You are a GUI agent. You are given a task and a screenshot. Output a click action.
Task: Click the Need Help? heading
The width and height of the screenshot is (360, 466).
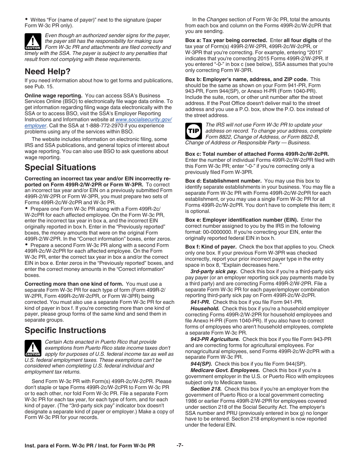(x=47, y=71)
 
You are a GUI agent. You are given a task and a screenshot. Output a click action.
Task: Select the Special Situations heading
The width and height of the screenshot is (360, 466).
(x=60, y=167)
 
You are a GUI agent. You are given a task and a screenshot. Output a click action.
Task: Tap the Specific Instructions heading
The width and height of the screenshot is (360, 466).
(x=65, y=330)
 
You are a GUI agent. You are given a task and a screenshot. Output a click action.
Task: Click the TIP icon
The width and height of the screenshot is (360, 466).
(x=193, y=131)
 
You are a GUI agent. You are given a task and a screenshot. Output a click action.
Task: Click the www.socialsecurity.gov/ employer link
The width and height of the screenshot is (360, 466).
(x=144, y=119)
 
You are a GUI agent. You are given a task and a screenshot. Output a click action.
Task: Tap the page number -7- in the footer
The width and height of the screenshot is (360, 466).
(x=180, y=446)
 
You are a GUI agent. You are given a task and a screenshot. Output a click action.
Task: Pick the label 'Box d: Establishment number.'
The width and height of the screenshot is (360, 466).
(x=223, y=181)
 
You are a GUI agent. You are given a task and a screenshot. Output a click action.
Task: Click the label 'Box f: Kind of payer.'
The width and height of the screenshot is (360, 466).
(x=211, y=247)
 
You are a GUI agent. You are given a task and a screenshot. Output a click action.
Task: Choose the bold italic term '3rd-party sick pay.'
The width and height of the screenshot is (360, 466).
(x=214, y=271)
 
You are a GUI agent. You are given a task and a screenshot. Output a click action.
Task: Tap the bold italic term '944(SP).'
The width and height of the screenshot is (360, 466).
(x=201, y=363)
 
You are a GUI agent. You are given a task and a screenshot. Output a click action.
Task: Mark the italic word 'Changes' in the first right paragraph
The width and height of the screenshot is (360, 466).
(x=217, y=20)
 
